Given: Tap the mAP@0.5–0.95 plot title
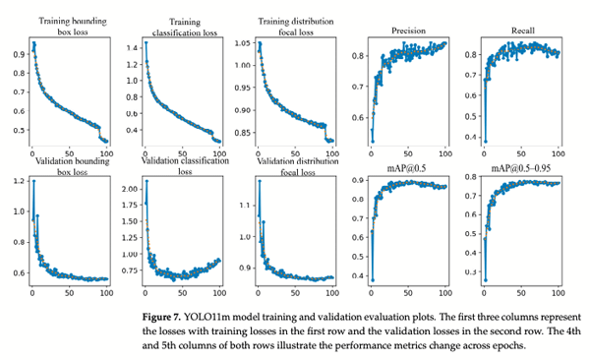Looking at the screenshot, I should tap(522, 165).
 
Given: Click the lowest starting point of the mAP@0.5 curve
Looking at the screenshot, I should tap(372, 279).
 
